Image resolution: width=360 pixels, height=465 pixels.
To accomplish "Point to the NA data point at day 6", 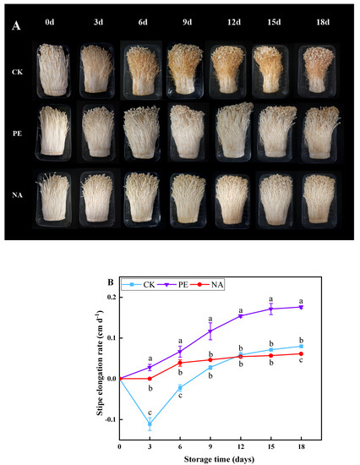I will [179, 363].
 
